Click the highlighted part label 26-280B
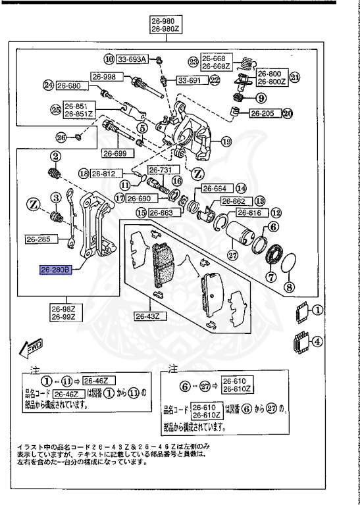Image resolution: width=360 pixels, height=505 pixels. click(56, 269)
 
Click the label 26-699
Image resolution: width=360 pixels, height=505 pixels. click(114, 153)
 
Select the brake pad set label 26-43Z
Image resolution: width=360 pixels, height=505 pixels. click(151, 316)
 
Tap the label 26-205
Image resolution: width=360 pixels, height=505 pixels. click(263, 112)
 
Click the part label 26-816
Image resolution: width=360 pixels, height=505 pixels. click(250, 213)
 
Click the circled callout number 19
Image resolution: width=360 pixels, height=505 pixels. click(226, 141)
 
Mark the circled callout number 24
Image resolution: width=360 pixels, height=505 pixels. click(47, 85)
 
